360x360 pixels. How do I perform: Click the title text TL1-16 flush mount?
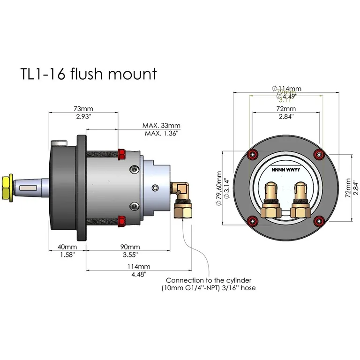pos(88,74)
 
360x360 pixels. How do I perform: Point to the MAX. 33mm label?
pos(161,126)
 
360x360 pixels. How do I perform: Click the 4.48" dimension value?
pos(138,274)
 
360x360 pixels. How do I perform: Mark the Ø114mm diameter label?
pos(286,88)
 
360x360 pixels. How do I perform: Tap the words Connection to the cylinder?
pos(209,280)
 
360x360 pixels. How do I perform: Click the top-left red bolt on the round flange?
pos(254,155)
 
